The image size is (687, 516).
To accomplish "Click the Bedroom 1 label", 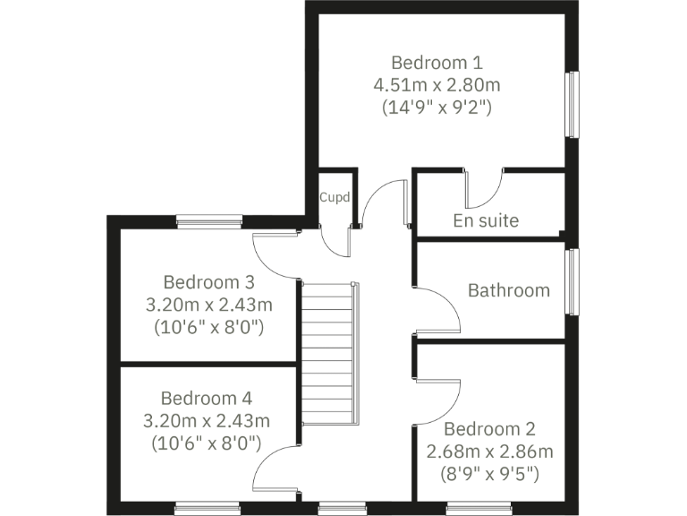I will point(437,63).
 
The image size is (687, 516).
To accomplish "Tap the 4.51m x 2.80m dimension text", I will point(437,85).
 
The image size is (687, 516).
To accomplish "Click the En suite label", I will point(486,220).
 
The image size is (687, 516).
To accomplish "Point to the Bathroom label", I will point(508,290).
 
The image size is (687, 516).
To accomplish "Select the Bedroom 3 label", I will point(208,282).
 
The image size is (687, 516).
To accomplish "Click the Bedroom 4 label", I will point(208,398).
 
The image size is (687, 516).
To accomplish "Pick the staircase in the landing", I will point(330,354).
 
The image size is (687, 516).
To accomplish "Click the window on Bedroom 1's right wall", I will point(572,105).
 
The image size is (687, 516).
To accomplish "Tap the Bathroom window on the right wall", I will point(572,282).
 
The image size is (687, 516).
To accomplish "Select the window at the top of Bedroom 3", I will point(209,221).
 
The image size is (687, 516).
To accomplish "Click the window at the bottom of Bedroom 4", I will point(208,508).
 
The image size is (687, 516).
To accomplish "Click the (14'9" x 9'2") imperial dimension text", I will point(437,107).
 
